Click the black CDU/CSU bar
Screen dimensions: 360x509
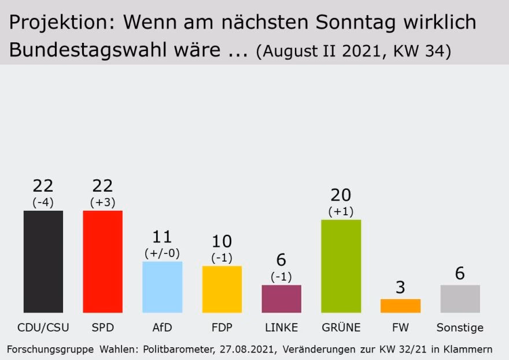43,261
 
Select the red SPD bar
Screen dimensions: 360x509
103,261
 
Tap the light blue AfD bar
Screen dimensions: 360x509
163,287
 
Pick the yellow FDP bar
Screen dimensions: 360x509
222,289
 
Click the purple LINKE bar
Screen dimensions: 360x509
282,299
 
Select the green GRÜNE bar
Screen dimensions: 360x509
341,266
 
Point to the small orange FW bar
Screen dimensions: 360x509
400,306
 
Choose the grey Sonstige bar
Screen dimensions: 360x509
460,299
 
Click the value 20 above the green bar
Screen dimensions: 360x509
340,195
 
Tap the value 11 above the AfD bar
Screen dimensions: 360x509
162,237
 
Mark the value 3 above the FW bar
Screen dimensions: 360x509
400,288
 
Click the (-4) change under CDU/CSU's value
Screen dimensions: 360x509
43,202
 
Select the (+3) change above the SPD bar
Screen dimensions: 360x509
103,202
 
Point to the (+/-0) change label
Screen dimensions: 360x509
162,253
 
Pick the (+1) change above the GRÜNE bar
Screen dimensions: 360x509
340,211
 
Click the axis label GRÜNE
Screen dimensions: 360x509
341,328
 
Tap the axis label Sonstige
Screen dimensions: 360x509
460,328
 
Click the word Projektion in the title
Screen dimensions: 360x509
58,23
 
